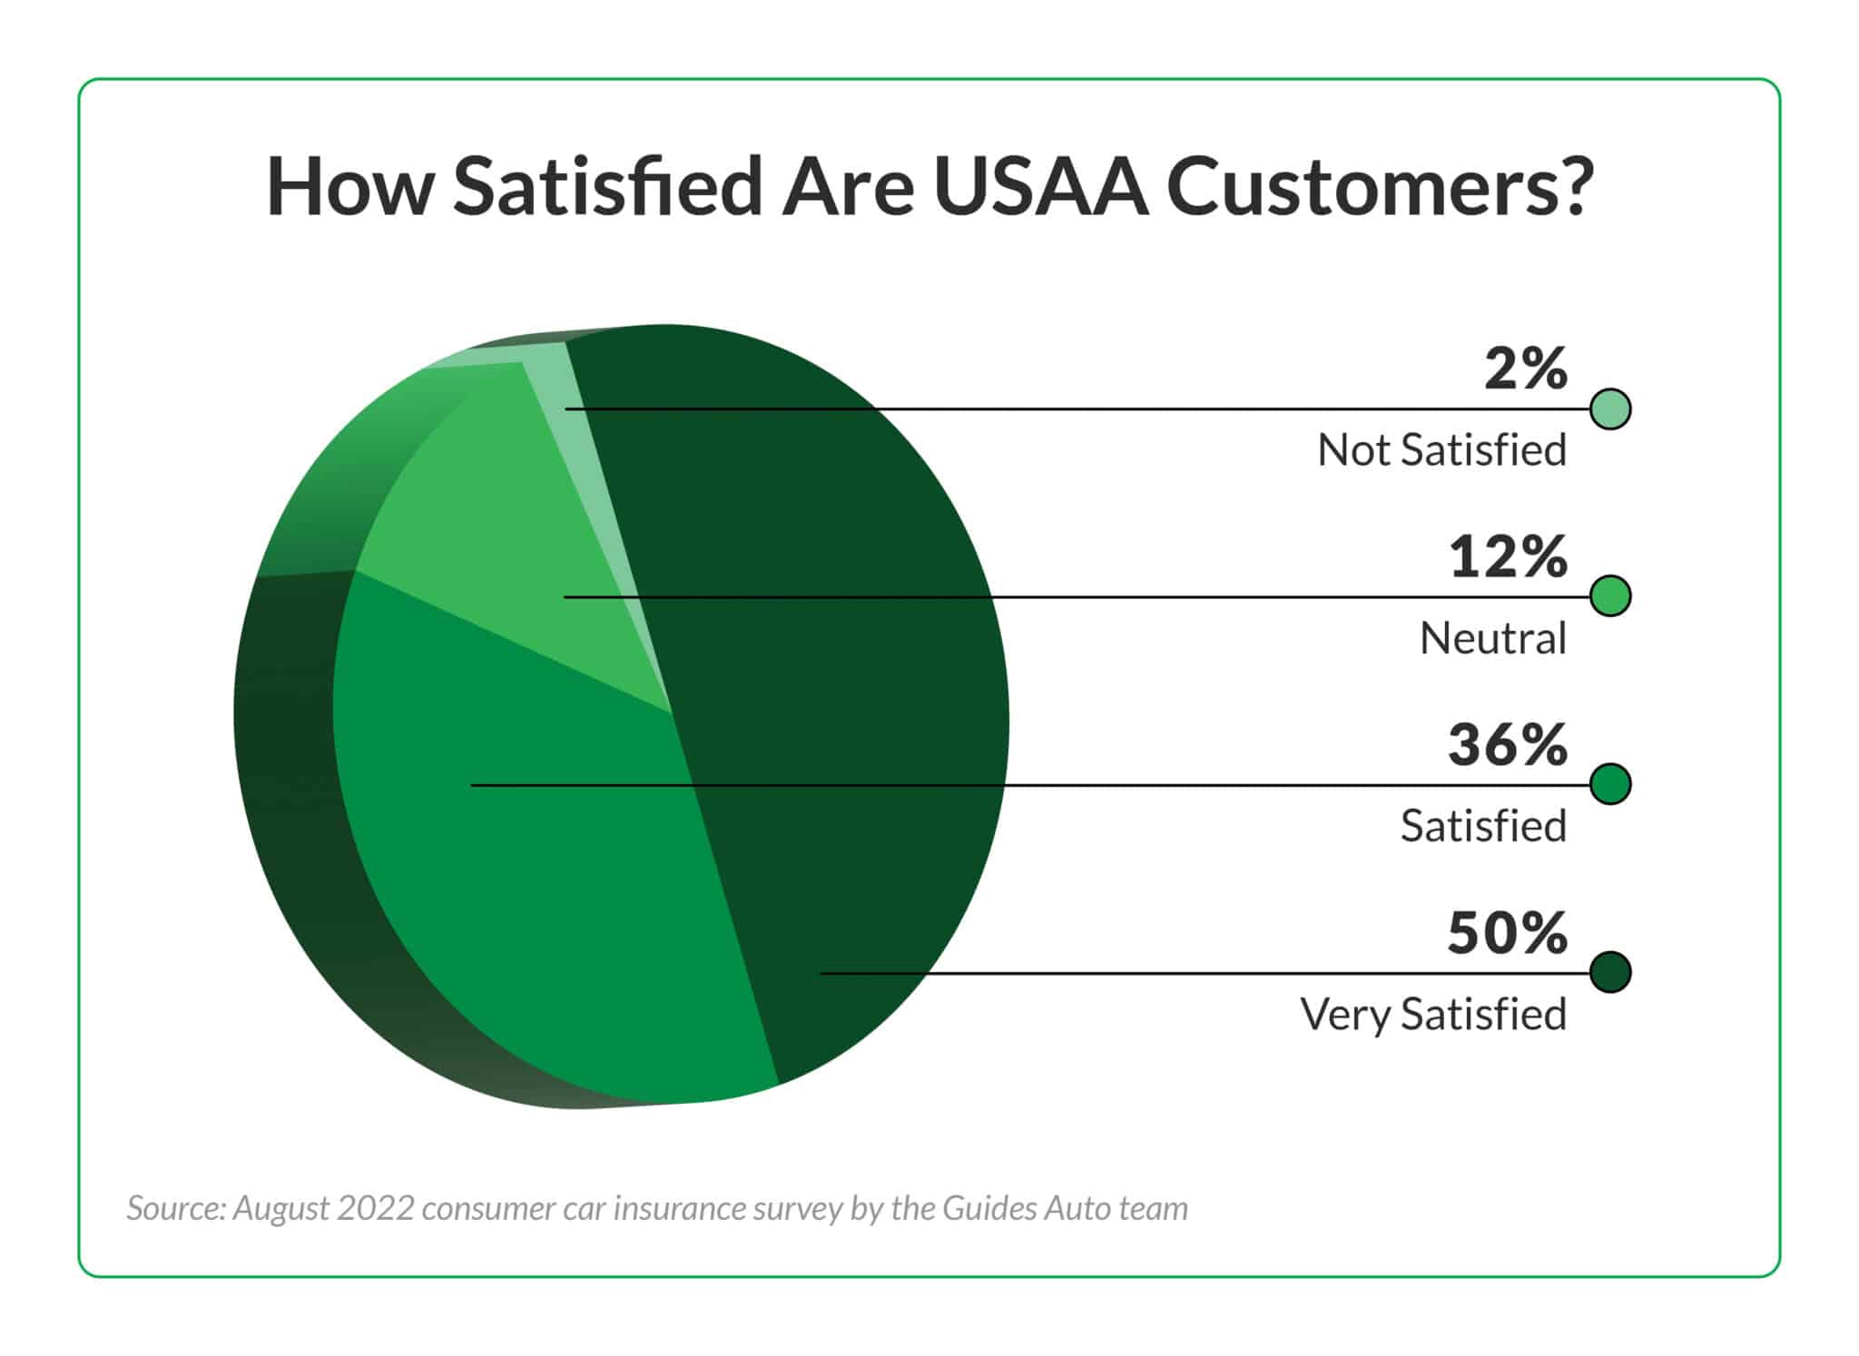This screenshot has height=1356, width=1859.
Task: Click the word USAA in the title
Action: click(x=1040, y=188)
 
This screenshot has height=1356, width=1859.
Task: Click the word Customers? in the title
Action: click(x=1379, y=188)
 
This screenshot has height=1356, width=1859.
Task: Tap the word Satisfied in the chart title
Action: click(x=606, y=188)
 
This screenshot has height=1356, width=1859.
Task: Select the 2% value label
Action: click(x=1525, y=369)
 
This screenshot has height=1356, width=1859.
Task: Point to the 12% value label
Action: click(x=1508, y=557)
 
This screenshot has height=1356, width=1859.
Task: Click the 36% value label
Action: click(x=1507, y=745)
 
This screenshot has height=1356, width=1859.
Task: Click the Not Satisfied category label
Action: click(x=1441, y=450)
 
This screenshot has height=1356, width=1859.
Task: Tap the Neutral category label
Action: click(x=1492, y=638)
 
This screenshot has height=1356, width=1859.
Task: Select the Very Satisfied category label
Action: click(x=1432, y=1014)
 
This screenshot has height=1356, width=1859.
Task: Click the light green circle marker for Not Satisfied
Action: click(x=1610, y=409)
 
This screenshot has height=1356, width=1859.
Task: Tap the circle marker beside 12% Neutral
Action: click(x=1610, y=596)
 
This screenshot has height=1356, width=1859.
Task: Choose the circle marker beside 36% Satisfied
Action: click(x=1610, y=784)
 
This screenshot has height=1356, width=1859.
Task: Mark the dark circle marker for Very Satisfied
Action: click(x=1610, y=972)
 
